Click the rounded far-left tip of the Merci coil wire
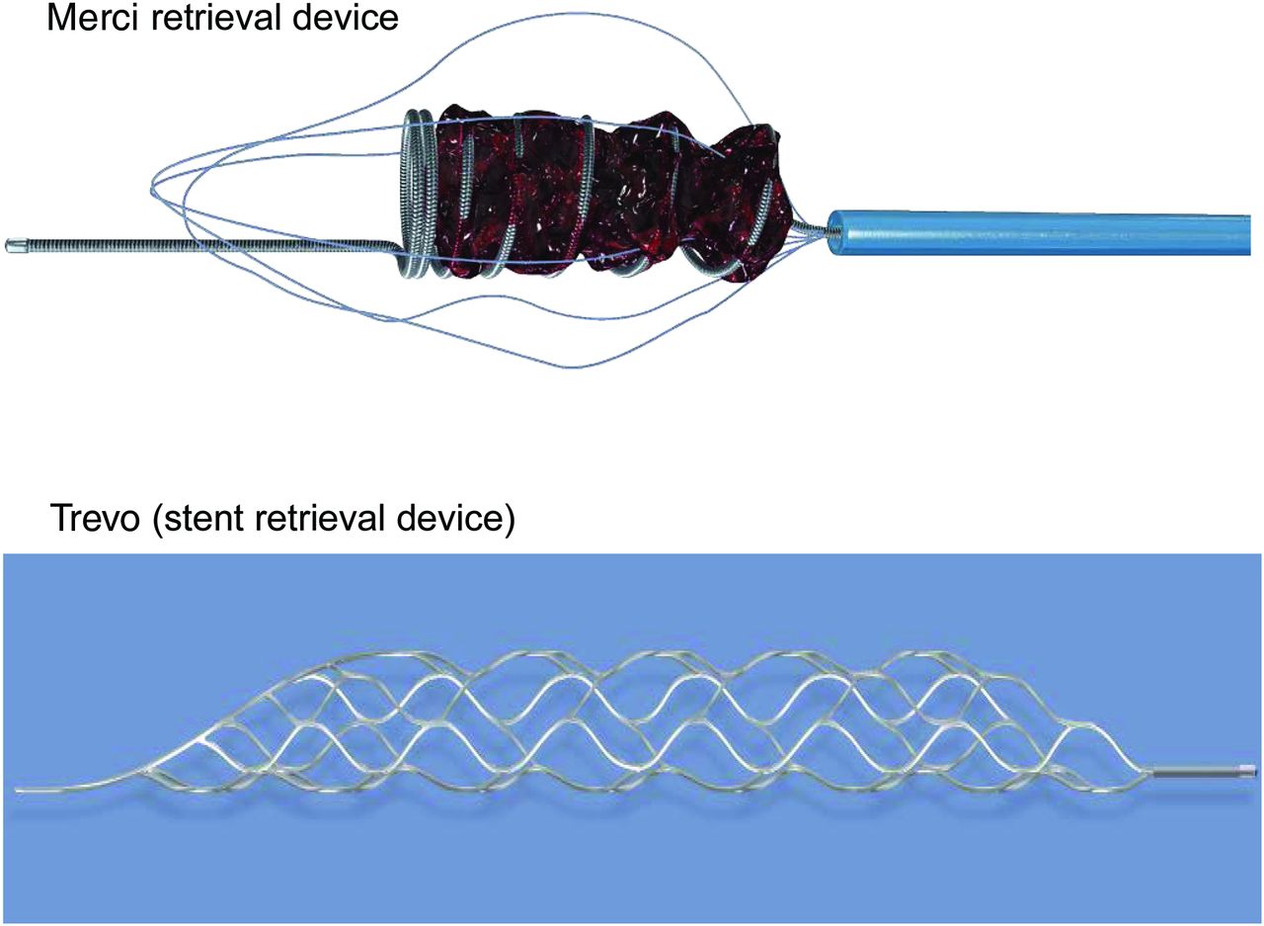point(14,243)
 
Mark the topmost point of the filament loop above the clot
point(533,14)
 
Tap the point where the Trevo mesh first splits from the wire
point(148,767)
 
